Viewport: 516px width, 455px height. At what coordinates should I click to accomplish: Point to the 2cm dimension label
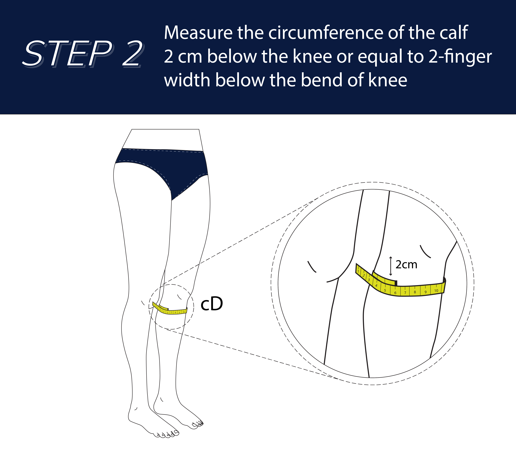point(406,264)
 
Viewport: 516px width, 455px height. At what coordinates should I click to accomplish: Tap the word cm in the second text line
point(190,57)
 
